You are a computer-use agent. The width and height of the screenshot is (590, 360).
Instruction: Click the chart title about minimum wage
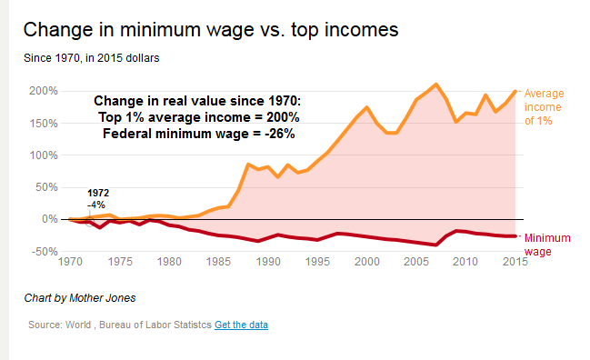point(210,29)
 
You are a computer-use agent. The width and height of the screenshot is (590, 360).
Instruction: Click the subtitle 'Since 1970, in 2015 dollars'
point(92,58)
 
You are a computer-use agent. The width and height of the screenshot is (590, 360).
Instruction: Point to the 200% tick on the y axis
point(43,91)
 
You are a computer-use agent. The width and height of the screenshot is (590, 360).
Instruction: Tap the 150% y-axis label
point(43,123)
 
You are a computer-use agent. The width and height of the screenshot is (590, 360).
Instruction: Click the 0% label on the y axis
point(48,219)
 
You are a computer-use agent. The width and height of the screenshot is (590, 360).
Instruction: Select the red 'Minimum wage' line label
point(549,244)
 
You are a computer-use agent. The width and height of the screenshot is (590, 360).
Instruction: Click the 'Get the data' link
point(241,325)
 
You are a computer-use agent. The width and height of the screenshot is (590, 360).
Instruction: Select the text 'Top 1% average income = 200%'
point(199,116)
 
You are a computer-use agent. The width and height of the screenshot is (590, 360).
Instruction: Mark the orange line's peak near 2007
point(436,85)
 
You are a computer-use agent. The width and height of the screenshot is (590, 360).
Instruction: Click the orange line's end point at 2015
point(515,91)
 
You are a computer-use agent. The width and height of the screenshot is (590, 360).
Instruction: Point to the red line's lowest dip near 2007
point(436,245)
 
